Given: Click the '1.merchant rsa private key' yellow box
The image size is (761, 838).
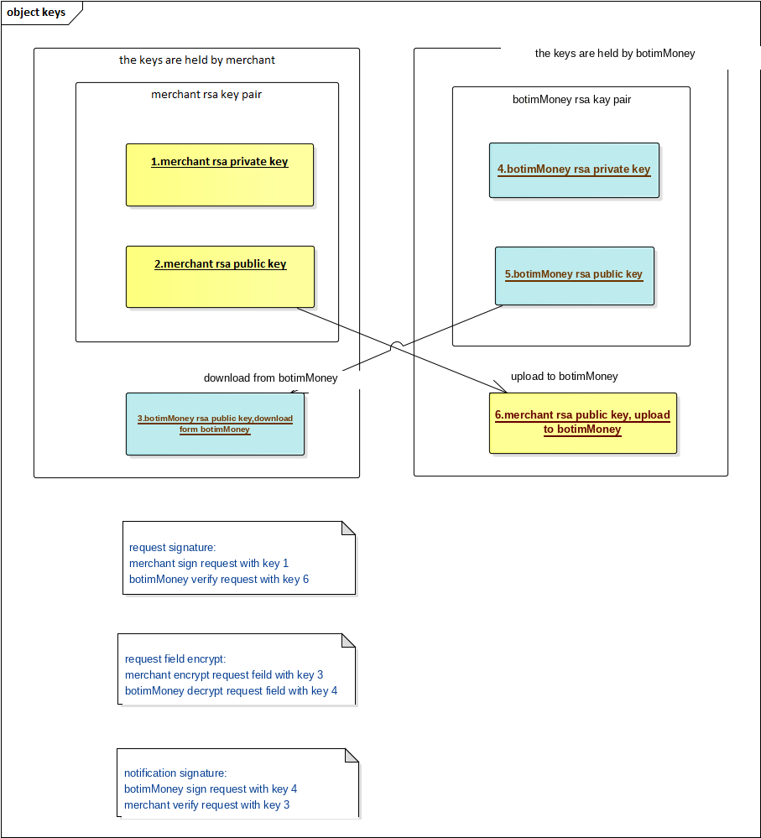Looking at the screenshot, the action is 220,174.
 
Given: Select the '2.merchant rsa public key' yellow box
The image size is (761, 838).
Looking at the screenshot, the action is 220,277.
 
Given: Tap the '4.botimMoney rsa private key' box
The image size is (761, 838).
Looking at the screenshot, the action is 574,170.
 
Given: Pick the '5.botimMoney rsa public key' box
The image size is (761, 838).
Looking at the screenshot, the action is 575,276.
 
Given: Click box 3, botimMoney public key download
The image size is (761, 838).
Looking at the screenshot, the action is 215,424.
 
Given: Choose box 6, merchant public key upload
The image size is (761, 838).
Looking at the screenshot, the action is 583,424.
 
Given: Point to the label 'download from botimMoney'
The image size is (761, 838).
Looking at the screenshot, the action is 270,377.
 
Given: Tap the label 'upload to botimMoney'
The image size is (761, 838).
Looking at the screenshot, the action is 565,377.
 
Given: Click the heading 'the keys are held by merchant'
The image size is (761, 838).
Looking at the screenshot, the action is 196,60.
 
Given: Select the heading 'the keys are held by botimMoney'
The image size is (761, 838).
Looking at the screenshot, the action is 615,53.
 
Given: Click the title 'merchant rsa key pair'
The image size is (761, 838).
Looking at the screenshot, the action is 206,95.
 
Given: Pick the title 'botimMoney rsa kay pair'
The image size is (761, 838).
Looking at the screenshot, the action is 572,100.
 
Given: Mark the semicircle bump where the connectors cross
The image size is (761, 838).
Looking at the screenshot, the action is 397,344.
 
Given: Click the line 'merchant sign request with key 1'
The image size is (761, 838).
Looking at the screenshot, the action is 209,564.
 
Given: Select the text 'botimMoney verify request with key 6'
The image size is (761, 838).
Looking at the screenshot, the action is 219,580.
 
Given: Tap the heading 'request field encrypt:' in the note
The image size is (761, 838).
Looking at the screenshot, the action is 175,659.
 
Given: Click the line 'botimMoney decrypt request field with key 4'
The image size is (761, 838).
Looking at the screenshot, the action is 231,690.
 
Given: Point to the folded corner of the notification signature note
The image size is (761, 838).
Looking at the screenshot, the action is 352,755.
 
